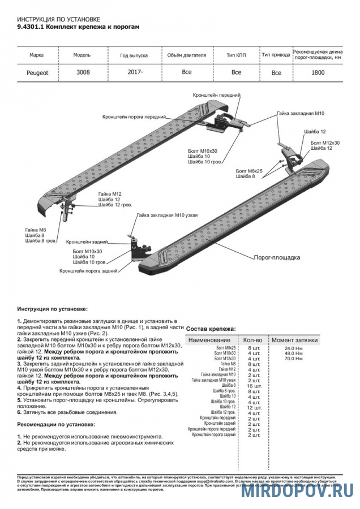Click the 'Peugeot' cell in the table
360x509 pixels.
[x=37, y=72]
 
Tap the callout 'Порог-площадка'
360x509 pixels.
[x=276, y=256]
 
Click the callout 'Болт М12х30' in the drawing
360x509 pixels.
[x=325, y=143]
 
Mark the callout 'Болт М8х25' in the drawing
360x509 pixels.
[x=249, y=170]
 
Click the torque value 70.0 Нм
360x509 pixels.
[x=294, y=359]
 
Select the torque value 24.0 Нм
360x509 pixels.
[x=294, y=348]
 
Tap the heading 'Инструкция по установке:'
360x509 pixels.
[x=52, y=309]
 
